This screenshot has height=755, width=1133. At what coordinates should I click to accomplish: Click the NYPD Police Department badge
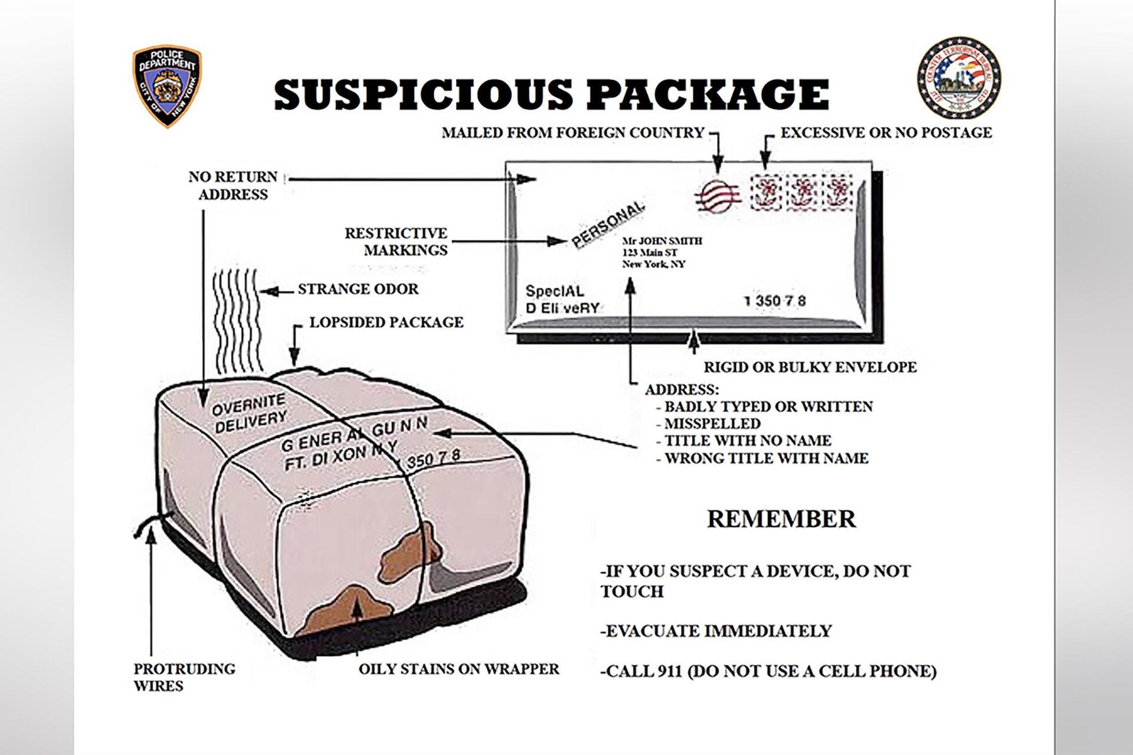pos(167,86)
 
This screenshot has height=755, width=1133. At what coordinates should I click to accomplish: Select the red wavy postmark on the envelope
pos(717,195)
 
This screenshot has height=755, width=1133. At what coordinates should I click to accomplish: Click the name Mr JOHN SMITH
pos(662,241)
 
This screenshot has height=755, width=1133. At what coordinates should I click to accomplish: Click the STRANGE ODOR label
pos(358,289)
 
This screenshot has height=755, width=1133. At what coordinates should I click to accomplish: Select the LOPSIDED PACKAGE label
pos(387,323)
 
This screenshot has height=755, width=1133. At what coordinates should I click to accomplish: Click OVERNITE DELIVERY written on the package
pos(249,413)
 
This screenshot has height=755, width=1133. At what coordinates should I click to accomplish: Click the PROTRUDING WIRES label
pos(184,677)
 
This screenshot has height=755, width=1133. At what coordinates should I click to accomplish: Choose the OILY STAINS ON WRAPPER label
pos(459,669)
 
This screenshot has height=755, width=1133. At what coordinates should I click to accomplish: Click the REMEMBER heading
pos(781,519)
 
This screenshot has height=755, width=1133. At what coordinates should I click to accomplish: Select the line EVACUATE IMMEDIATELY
pos(716,631)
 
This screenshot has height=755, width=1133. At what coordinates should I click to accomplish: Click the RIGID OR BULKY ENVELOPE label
pos(810,367)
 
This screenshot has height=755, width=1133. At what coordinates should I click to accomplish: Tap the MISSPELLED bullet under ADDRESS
pos(712,424)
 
